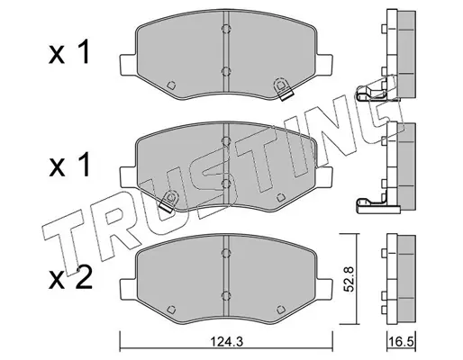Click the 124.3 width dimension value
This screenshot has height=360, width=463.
pos(226,341)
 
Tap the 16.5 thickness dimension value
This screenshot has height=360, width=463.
pos(402,341)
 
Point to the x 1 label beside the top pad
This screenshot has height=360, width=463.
pos(69,53)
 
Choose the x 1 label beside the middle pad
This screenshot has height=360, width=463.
pos(69,166)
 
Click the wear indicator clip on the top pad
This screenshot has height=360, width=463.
pos(282,89)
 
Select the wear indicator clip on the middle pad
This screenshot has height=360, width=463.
pos(168,202)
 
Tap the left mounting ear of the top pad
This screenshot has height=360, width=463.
pos(128,66)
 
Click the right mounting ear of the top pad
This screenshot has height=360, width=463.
pos(323,66)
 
